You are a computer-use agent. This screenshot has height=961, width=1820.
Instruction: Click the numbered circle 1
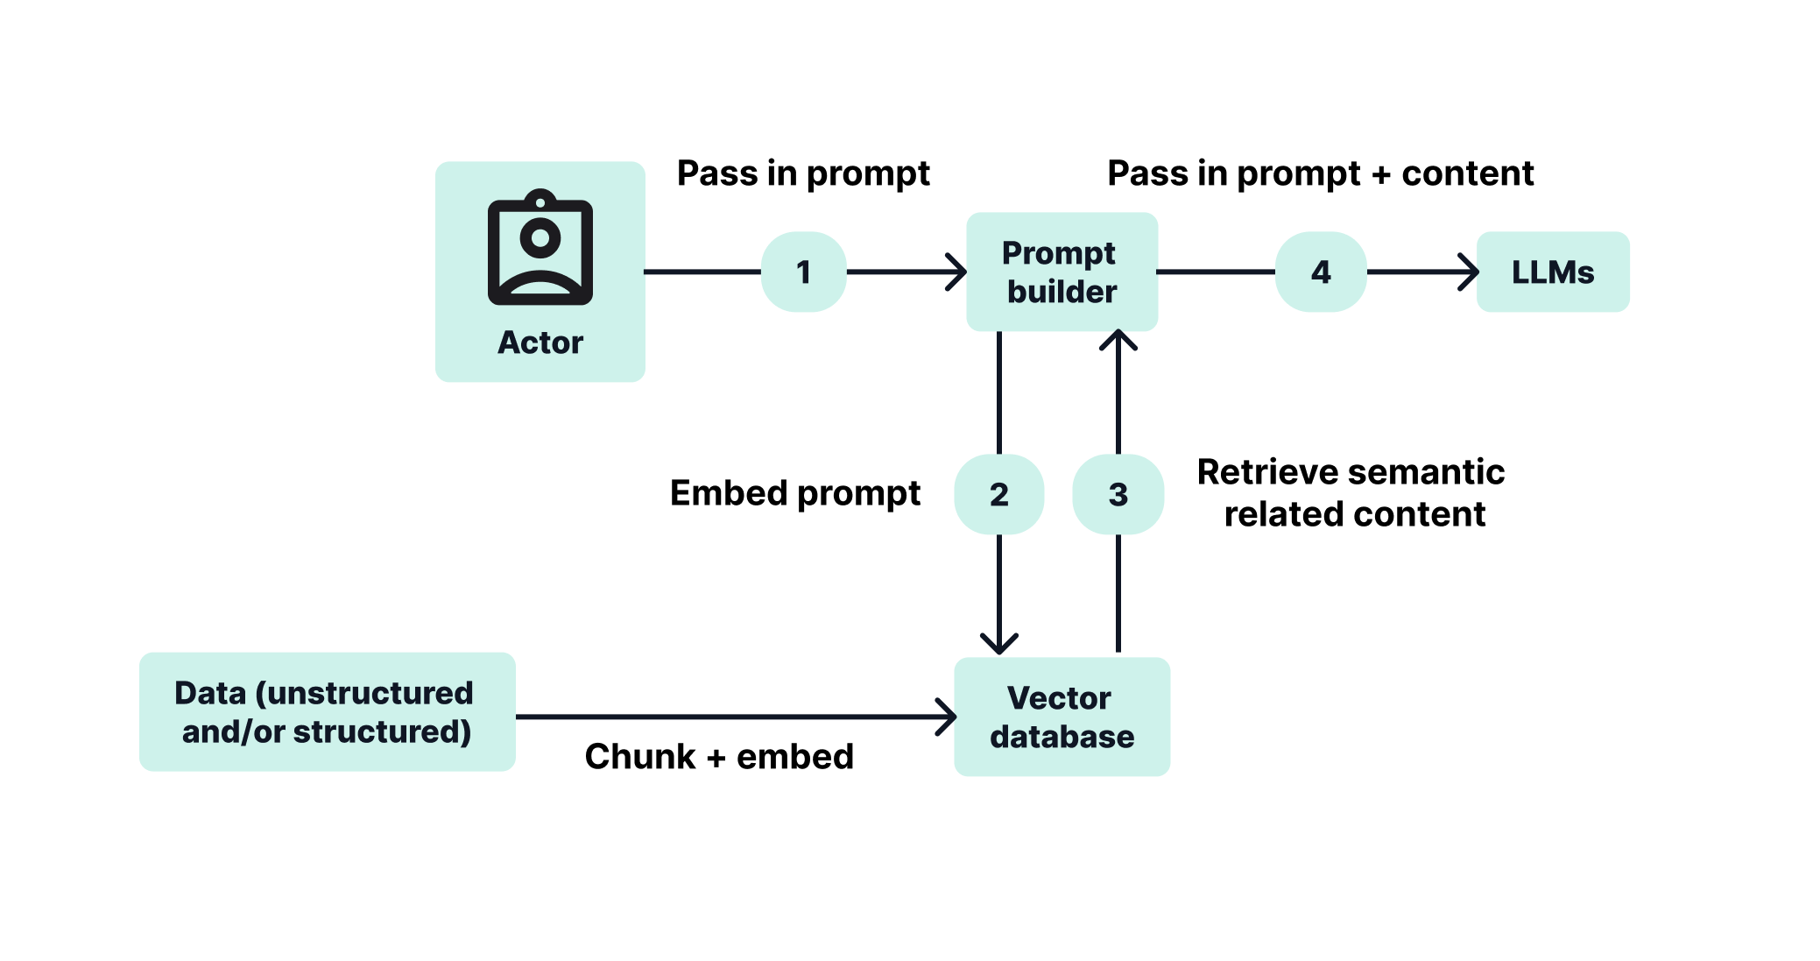(803, 272)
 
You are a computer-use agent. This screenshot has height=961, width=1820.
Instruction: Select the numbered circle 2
(998, 494)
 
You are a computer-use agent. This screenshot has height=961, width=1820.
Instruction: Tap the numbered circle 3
(1118, 494)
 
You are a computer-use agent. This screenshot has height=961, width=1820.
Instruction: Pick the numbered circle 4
(1321, 272)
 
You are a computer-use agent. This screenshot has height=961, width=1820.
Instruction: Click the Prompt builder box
(1062, 272)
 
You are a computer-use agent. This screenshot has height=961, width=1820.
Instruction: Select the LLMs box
(1552, 272)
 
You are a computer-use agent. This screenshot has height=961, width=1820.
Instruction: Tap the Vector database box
(1062, 717)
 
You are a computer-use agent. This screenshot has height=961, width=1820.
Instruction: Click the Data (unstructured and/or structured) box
(327, 711)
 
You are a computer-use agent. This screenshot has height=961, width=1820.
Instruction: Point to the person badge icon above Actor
(540, 249)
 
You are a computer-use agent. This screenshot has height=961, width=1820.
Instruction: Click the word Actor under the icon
(540, 343)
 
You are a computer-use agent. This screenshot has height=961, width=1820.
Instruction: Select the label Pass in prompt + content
(1320, 173)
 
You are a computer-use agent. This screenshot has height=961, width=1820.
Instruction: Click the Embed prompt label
(794, 493)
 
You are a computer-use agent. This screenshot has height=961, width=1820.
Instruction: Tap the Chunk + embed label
(719, 756)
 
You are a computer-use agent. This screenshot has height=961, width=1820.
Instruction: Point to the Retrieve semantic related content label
(1351, 492)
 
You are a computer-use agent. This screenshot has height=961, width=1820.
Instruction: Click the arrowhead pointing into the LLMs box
(1470, 272)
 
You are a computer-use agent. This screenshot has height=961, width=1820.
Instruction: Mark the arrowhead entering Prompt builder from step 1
(957, 272)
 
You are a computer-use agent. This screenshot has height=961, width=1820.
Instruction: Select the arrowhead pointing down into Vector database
(998, 644)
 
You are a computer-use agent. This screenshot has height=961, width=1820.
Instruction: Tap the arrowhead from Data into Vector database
(947, 717)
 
